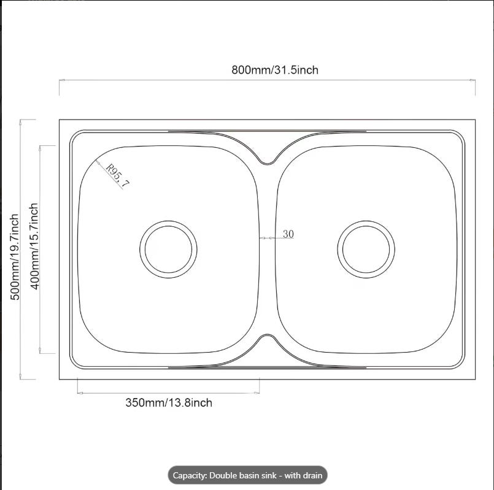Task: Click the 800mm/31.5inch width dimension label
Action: pos(275,69)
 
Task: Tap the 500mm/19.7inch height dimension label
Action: pos(15,257)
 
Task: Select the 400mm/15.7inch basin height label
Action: pos(34,246)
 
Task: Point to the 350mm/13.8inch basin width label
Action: pos(169,403)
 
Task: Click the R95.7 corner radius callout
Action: pos(117,175)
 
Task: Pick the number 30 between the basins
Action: pos(288,234)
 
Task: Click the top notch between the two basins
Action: pos(267,164)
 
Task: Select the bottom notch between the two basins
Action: pos(267,335)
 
